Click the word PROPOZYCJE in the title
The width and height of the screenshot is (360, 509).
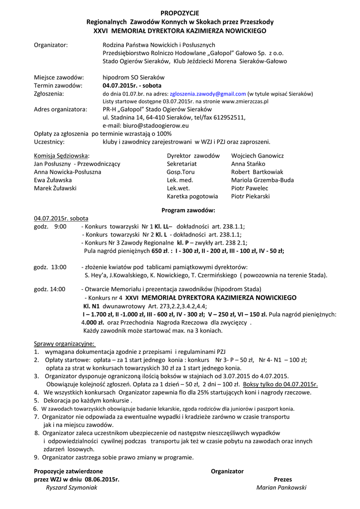click(x=180, y=13)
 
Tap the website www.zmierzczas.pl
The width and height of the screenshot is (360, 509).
click(x=245, y=101)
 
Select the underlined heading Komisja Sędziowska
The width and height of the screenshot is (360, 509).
click(x=61, y=156)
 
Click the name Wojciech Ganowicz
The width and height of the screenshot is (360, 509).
click(x=257, y=156)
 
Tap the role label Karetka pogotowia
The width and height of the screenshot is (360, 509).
click(x=192, y=196)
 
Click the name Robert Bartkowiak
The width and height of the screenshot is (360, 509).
click(x=257, y=172)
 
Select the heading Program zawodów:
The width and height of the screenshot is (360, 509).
click(x=188, y=210)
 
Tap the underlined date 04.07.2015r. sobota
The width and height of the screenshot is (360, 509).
click(x=61, y=218)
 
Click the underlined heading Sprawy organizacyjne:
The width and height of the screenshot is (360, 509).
click(x=65, y=343)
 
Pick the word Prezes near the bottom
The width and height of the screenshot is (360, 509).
click(x=283, y=479)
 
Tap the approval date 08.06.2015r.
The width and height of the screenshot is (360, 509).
click(x=102, y=479)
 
